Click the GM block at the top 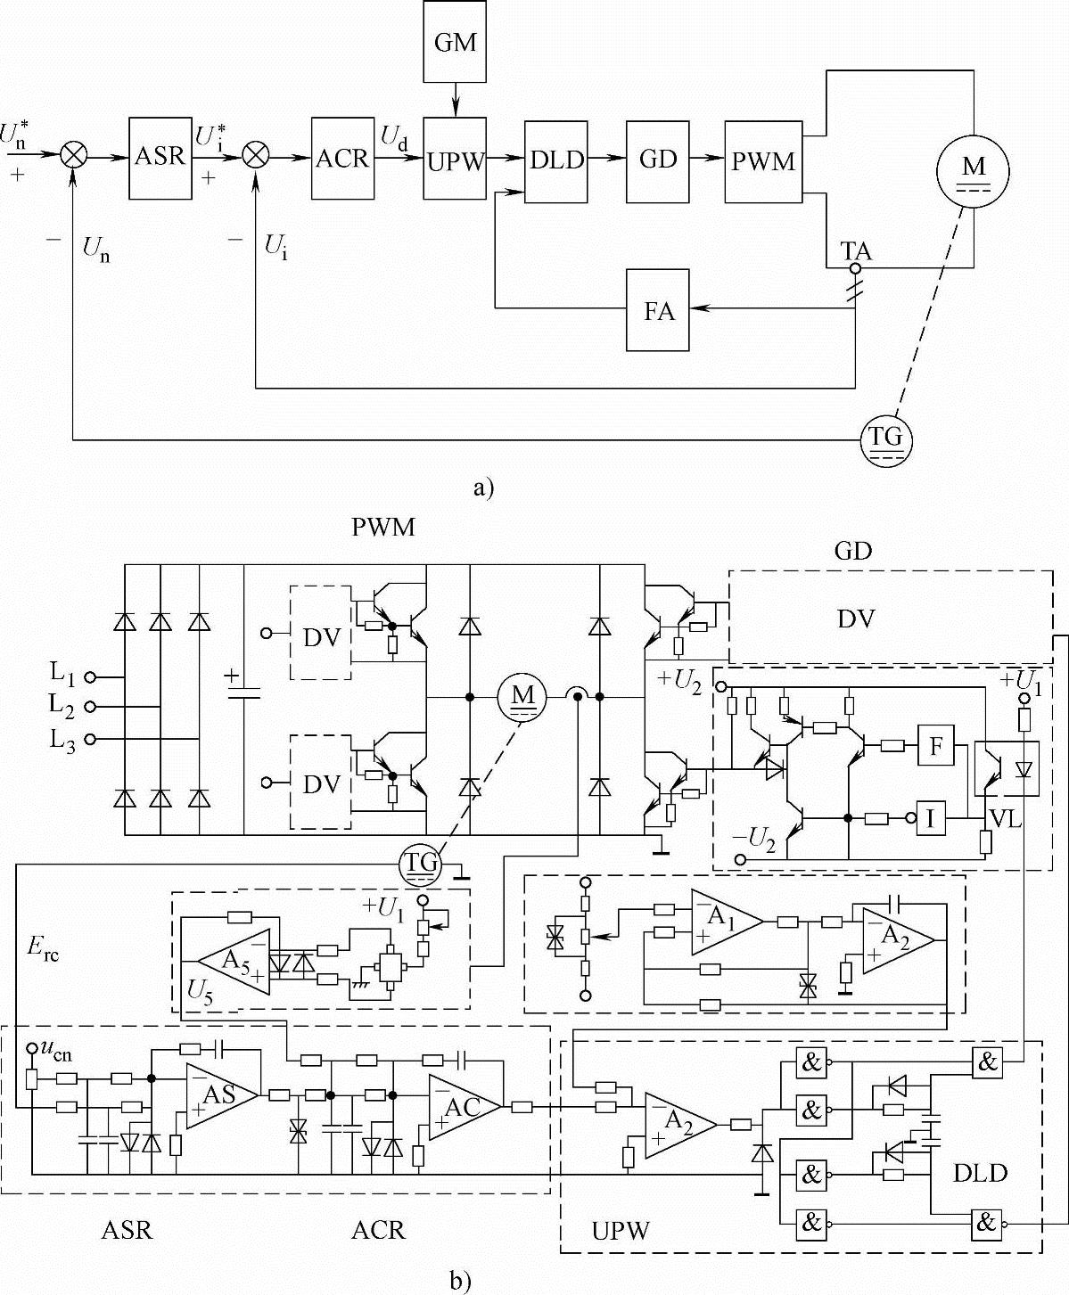click(455, 43)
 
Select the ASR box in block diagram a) click(160, 158)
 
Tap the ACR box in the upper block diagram click(342, 158)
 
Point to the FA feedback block click(659, 311)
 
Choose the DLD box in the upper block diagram click(556, 160)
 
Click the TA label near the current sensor click(857, 252)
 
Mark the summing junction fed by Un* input click(74, 156)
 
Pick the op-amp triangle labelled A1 click(724, 922)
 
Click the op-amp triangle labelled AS click(219, 1094)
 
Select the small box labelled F click(936, 745)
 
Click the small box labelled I click(931, 818)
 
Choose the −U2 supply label click(754, 838)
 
